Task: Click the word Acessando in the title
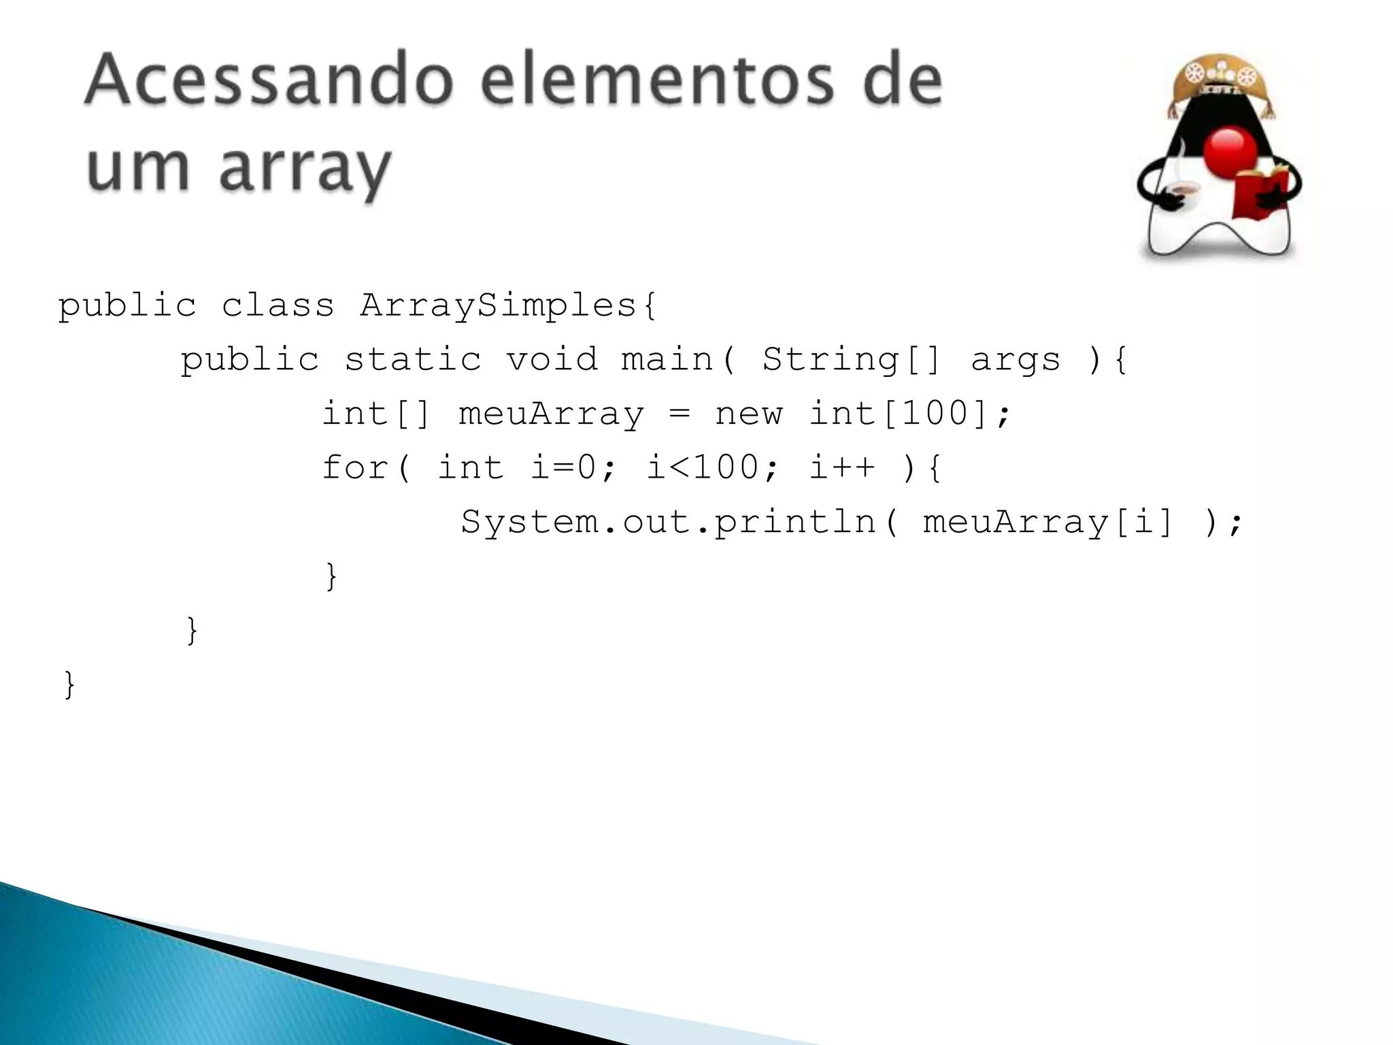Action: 269,81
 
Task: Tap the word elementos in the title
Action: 656,81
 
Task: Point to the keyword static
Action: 413,359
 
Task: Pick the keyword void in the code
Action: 552,359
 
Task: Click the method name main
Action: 667,359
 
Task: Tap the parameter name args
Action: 1016,359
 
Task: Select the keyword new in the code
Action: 748,414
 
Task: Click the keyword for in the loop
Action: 355,467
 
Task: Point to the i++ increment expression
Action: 842,467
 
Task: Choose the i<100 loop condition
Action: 703,467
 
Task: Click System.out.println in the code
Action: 669,522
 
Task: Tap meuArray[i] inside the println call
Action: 1048,522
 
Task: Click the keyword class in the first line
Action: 278,305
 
